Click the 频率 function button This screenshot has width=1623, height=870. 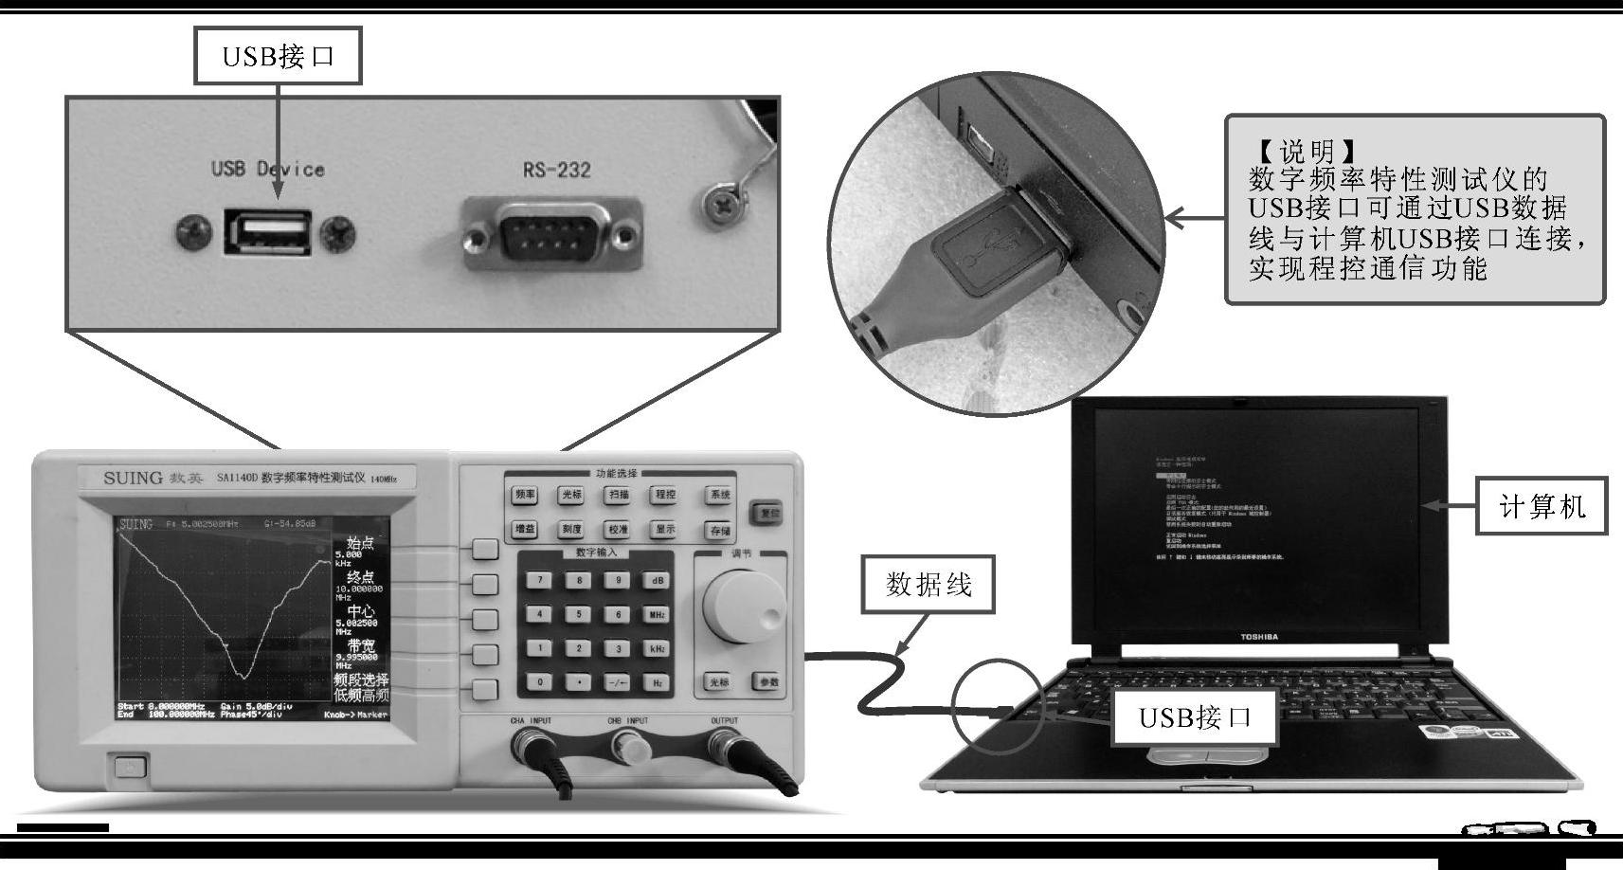click(x=525, y=495)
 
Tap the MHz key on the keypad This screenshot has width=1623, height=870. click(x=657, y=614)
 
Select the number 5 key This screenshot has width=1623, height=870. click(x=579, y=614)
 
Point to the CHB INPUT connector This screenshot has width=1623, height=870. click(x=630, y=749)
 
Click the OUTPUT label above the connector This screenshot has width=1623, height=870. click(x=724, y=721)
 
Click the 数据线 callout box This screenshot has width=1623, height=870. click(x=929, y=586)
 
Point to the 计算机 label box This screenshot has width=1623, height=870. click(x=1542, y=507)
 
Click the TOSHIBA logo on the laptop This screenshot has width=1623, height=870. click(x=1259, y=637)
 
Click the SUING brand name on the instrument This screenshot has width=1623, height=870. click(x=133, y=478)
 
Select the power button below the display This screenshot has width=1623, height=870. click(x=126, y=766)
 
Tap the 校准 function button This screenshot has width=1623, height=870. click(x=618, y=530)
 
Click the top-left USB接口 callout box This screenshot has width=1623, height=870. click(x=279, y=56)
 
